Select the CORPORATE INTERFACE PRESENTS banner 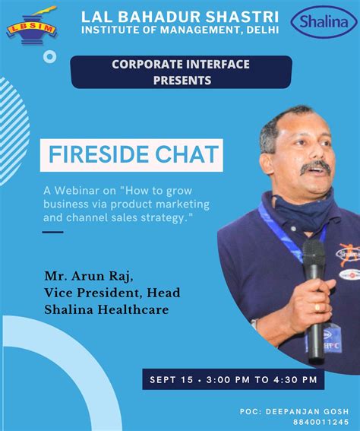point(181,71)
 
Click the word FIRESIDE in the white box point(98,155)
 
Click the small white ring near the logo point(50,56)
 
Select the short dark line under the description point(52,231)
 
